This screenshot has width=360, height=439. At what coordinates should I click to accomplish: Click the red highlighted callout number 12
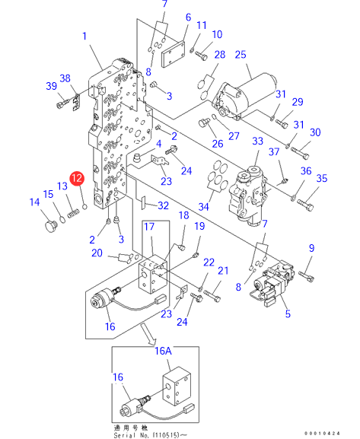pyautogui.click(x=77, y=178)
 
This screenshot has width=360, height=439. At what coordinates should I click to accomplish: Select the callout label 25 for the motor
pyautogui.click(x=241, y=55)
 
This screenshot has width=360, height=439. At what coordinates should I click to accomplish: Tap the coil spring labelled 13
pyautogui.click(x=72, y=215)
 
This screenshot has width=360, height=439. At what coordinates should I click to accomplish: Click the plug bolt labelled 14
pyautogui.click(x=51, y=226)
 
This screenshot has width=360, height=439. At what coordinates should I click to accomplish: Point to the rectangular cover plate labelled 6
pyautogui.click(x=173, y=54)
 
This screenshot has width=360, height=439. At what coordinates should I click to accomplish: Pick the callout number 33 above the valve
pyautogui.click(x=257, y=141)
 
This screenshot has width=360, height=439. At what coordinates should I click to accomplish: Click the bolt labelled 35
pyautogui.click(x=305, y=204)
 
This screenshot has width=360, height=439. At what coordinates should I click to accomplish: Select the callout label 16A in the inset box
pyautogui.click(x=163, y=351)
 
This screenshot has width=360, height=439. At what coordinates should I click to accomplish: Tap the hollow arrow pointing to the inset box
pyautogui.click(x=148, y=334)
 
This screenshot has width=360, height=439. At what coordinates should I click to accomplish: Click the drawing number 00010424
pyautogui.click(x=323, y=434)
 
